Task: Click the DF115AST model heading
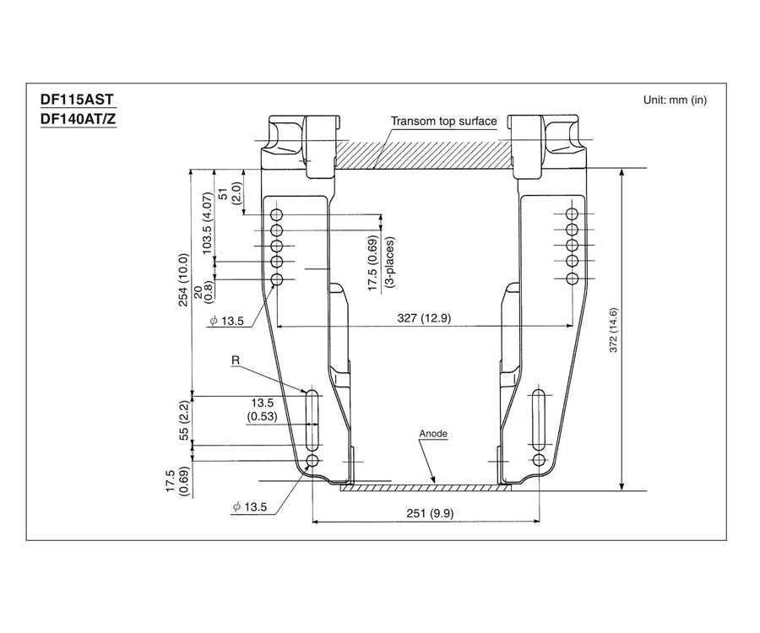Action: pos(77,100)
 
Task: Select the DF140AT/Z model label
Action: pos(78,119)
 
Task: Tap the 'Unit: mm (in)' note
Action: pos(675,100)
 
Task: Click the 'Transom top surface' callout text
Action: pos(443,121)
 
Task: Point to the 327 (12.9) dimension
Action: pos(424,318)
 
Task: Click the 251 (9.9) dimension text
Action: pos(430,513)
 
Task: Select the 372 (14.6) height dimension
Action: pos(614,330)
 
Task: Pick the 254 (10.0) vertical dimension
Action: pos(184,279)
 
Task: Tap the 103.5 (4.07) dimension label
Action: pos(208,224)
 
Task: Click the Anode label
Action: pos(433,434)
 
